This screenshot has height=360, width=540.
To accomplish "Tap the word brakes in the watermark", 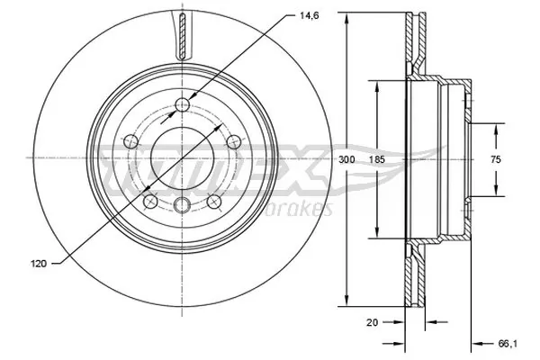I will coord(306,209).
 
